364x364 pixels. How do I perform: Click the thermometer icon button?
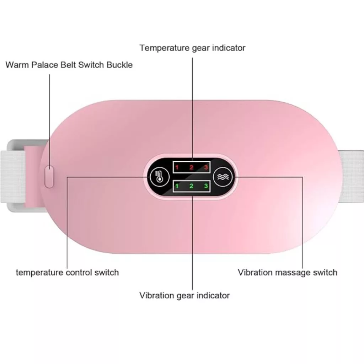[160, 177]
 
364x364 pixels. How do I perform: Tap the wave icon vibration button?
[223, 177]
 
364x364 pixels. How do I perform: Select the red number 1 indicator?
[177, 167]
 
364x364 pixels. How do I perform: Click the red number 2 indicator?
[192, 167]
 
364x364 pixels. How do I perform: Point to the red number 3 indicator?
[206, 167]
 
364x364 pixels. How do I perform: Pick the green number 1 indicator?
[177, 186]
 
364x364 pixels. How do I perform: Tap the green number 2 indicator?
[192, 186]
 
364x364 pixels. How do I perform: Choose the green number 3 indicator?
[206, 186]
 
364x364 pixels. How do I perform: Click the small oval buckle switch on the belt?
[49, 177]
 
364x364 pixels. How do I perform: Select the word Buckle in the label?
[119, 65]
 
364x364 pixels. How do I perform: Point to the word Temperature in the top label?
[164, 48]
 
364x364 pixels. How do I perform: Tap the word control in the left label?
[79, 272]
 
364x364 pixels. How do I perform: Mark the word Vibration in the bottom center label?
[156, 295]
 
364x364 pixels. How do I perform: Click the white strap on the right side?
[351, 176]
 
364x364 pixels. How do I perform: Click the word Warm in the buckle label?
[17, 65]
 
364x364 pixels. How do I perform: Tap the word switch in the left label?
[107, 272]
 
